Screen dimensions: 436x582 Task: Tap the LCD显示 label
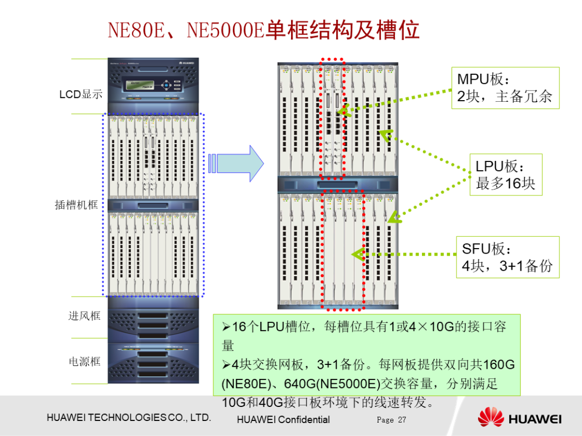[x=81, y=94]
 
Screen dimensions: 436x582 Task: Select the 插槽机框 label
[x=77, y=205]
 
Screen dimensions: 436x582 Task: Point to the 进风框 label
[x=84, y=315]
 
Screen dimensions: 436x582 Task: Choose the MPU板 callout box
[x=504, y=88]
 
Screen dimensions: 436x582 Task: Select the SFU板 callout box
[x=507, y=257]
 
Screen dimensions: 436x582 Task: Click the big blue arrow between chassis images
[x=240, y=163]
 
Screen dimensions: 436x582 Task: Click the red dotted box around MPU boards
[x=332, y=118]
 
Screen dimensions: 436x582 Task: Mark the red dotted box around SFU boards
[x=343, y=249]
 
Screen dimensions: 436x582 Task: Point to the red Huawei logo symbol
[x=490, y=418]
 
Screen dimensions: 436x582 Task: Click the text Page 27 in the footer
[x=391, y=420]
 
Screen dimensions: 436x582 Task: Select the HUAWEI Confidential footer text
[x=283, y=420]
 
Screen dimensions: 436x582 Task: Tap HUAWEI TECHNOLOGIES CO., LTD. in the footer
[x=129, y=418]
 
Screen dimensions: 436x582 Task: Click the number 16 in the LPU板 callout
[x=513, y=183]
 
